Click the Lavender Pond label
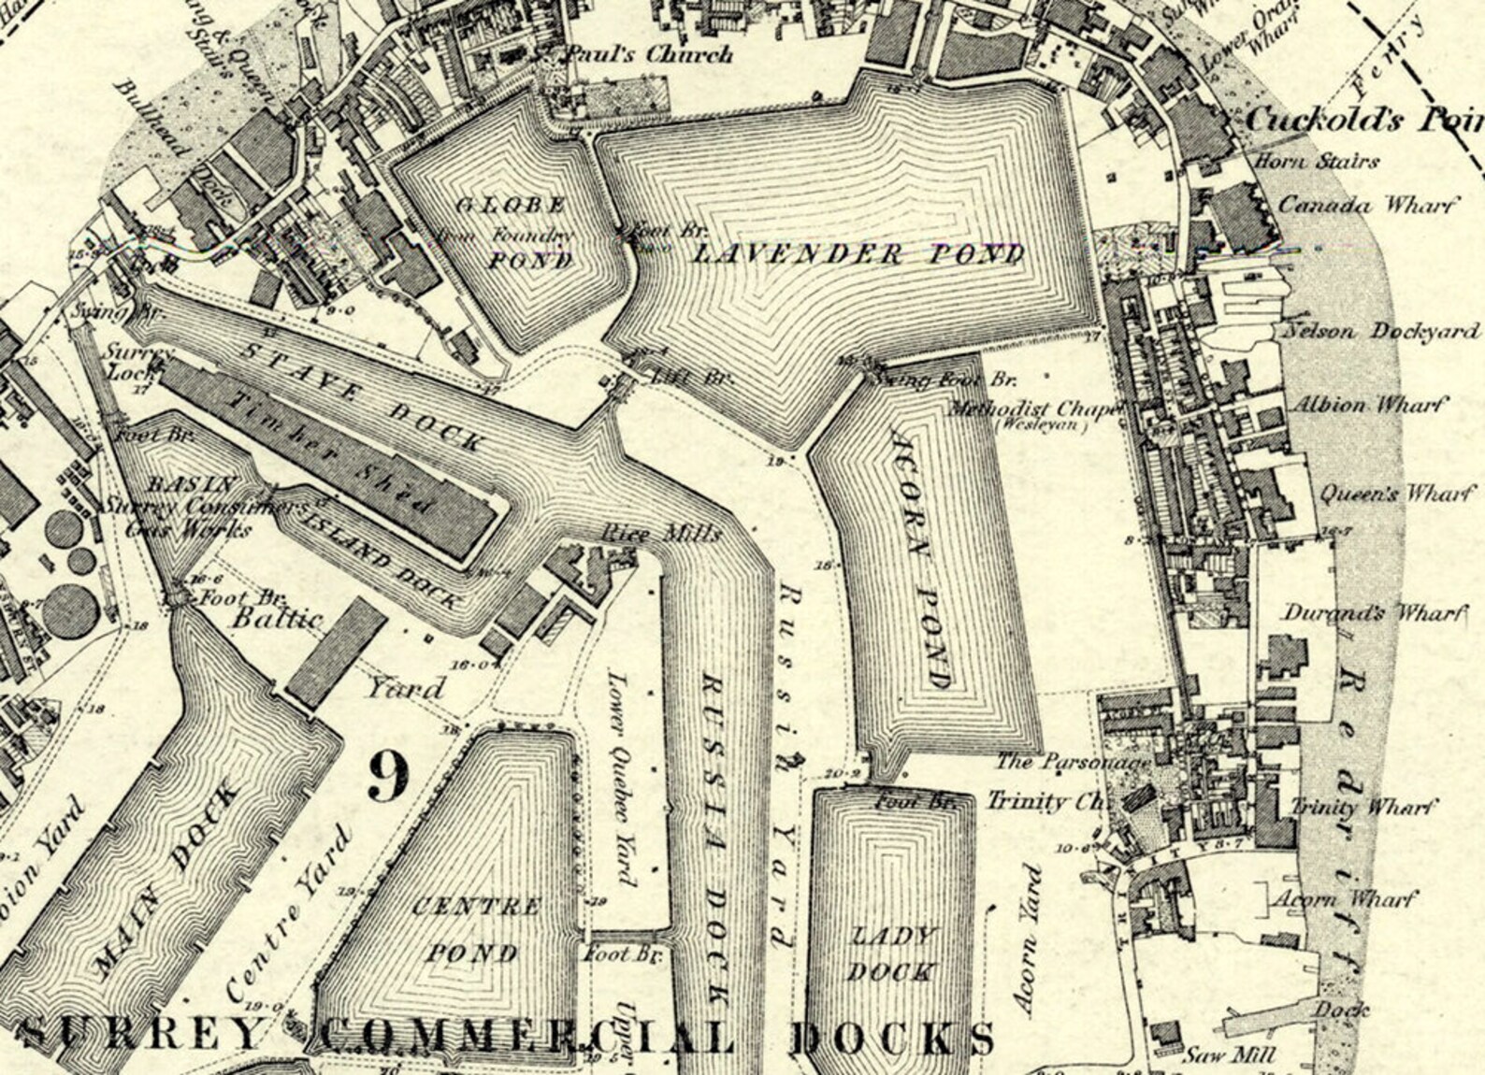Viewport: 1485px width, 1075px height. [858, 254]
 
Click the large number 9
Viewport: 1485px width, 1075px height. [387, 776]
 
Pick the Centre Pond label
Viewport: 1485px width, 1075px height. [475, 929]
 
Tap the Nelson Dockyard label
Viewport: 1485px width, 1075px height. [1382, 331]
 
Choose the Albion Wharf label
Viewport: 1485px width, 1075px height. [1367, 406]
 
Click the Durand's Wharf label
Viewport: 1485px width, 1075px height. [1371, 613]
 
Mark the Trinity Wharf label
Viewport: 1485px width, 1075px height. [1364, 806]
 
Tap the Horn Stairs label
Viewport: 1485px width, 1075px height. [1316, 161]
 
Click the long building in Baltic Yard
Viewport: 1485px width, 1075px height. [336, 652]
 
